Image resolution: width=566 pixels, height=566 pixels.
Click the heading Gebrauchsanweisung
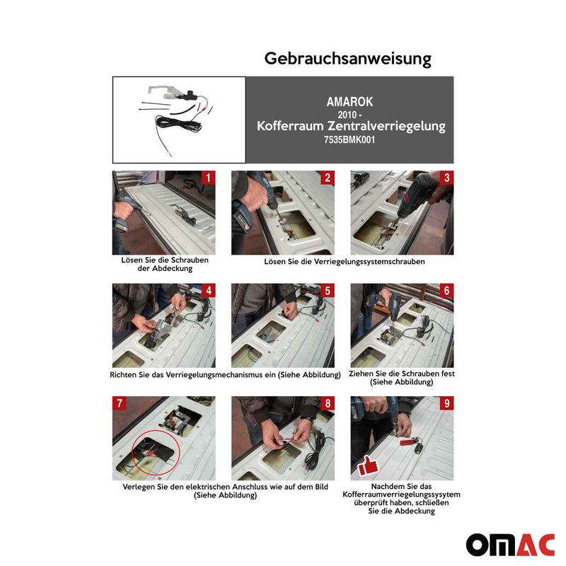tap(347, 58)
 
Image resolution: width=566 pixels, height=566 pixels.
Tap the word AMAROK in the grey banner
tap(350, 102)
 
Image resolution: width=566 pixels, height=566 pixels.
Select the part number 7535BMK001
tap(350, 140)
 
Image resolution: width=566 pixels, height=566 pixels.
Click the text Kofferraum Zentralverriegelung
tap(351, 127)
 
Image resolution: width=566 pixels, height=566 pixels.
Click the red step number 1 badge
tap(208, 178)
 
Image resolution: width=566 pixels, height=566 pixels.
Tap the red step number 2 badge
tap(327, 178)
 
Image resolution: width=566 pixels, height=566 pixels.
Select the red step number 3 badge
tap(446, 178)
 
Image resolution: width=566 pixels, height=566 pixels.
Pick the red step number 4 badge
tap(208, 291)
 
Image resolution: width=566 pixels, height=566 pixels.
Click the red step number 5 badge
tap(327, 291)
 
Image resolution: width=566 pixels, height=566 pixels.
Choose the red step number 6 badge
tap(446, 291)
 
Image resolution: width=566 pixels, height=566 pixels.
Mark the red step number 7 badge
tap(120, 404)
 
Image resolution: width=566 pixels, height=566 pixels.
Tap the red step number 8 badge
tap(327, 404)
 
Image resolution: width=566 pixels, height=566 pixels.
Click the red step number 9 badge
tap(446, 404)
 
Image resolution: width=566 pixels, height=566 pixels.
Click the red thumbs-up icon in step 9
tap(367, 466)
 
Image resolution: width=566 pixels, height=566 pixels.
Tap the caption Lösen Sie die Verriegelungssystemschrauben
tap(344, 261)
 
